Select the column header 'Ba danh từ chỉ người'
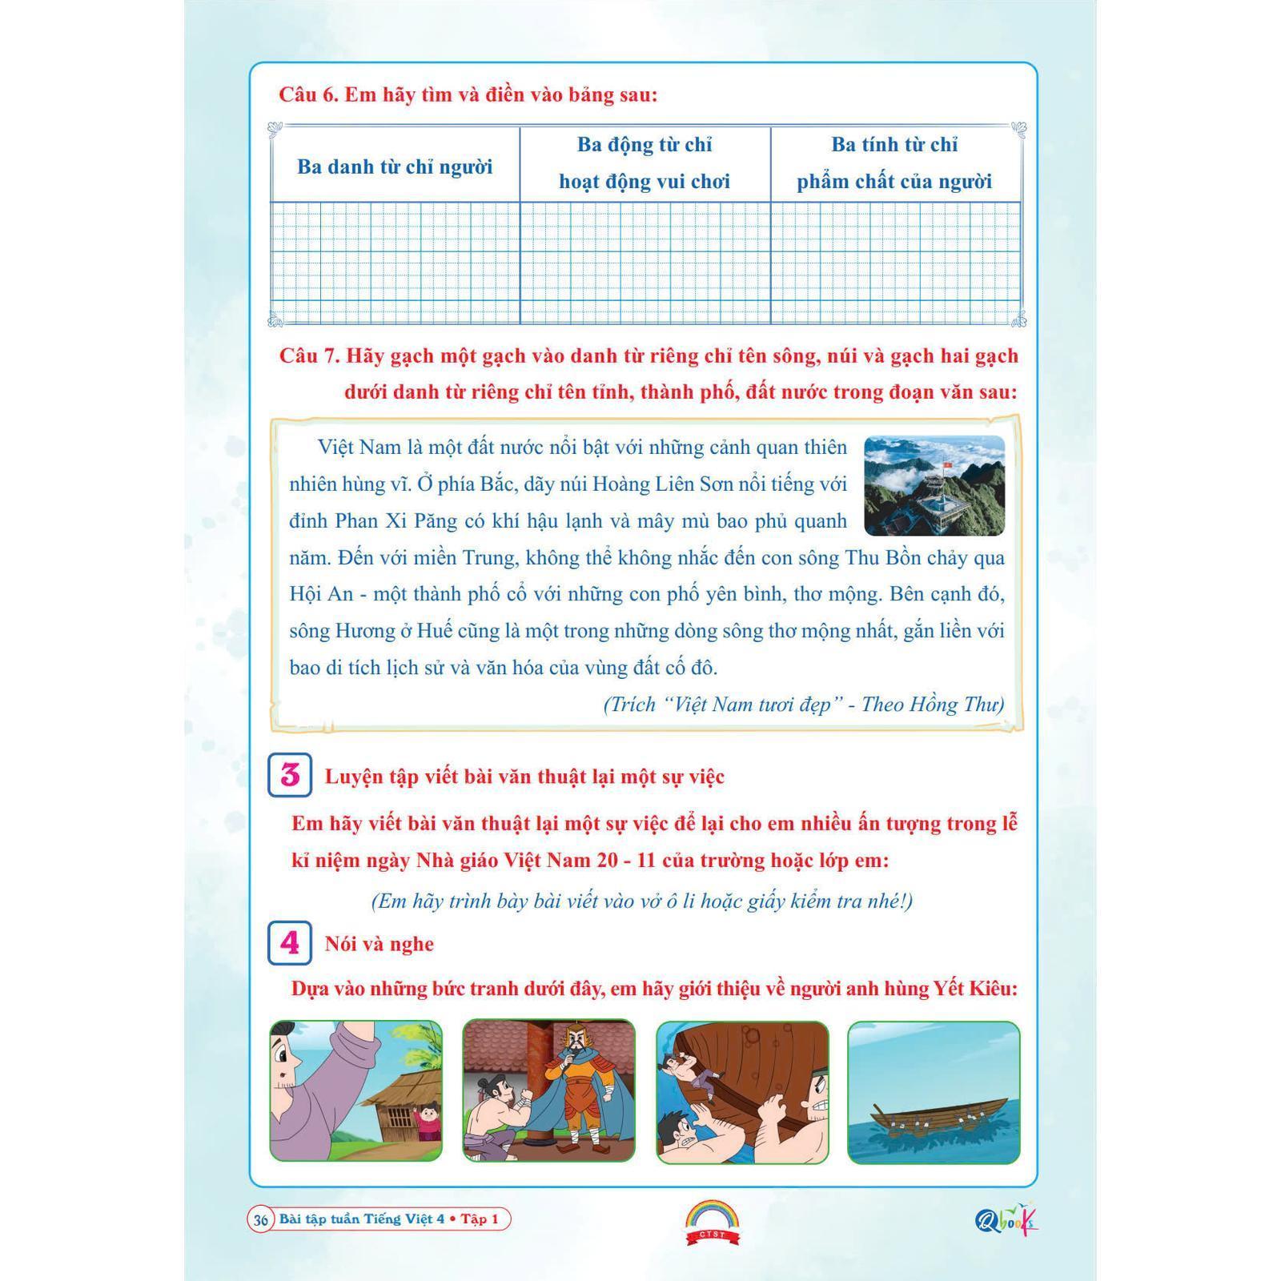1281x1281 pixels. pyautogui.click(x=395, y=167)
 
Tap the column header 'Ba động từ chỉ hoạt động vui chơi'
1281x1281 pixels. pyautogui.click(x=645, y=163)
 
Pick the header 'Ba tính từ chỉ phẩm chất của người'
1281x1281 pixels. pyautogui.click(x=894, y=163)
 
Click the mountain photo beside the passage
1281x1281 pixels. pyautogui.click(x=934, y=485)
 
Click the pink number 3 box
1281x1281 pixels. pyautogui.click(x=290, y=775)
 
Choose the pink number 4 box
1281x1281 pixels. pyautogui.click(x=290, y=943)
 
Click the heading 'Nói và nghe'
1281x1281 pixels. pyautogui.click(x=379, y=944)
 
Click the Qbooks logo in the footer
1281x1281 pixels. pyautogui.click(x=1006, y=1219)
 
